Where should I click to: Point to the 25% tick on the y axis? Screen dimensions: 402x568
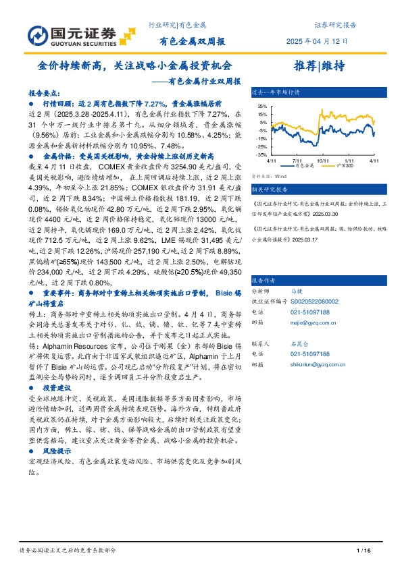(x=261, y=107)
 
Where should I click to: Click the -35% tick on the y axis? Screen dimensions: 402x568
(x=261, y=154)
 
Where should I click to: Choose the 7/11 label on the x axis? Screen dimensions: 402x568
(x=297, y=160)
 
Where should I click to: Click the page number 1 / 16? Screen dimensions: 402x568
(x=363, y=551)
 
